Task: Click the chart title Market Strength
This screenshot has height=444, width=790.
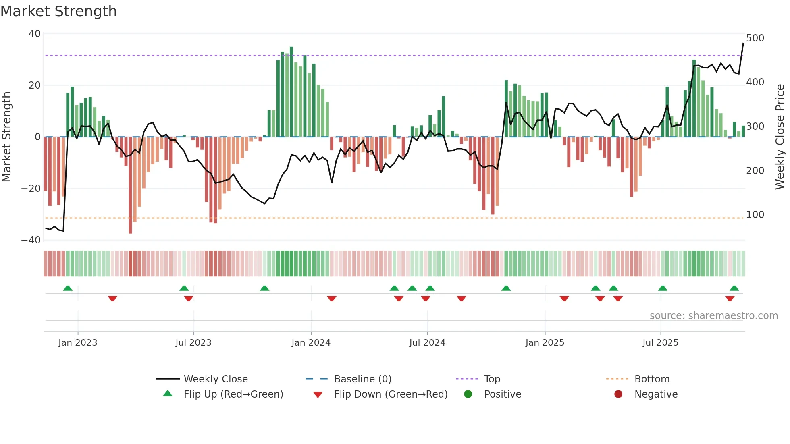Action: [58, 11]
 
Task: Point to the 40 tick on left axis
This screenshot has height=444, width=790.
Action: [35, 34]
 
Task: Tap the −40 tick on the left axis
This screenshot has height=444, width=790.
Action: [31, 240]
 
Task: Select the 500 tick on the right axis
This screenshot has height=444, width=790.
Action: [755, 38]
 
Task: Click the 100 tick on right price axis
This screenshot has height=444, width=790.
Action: [755, 215]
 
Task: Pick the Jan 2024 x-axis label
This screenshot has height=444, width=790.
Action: [311, 343]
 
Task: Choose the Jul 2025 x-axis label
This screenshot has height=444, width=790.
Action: [660, 343]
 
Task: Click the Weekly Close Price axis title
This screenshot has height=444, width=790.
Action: [780, 137]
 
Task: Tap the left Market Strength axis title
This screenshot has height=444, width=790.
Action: [6, 137]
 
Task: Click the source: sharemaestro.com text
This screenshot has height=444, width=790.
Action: [713, 316]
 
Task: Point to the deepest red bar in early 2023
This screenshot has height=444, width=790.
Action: [130, 185]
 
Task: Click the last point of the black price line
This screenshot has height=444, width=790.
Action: [743, 43]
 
